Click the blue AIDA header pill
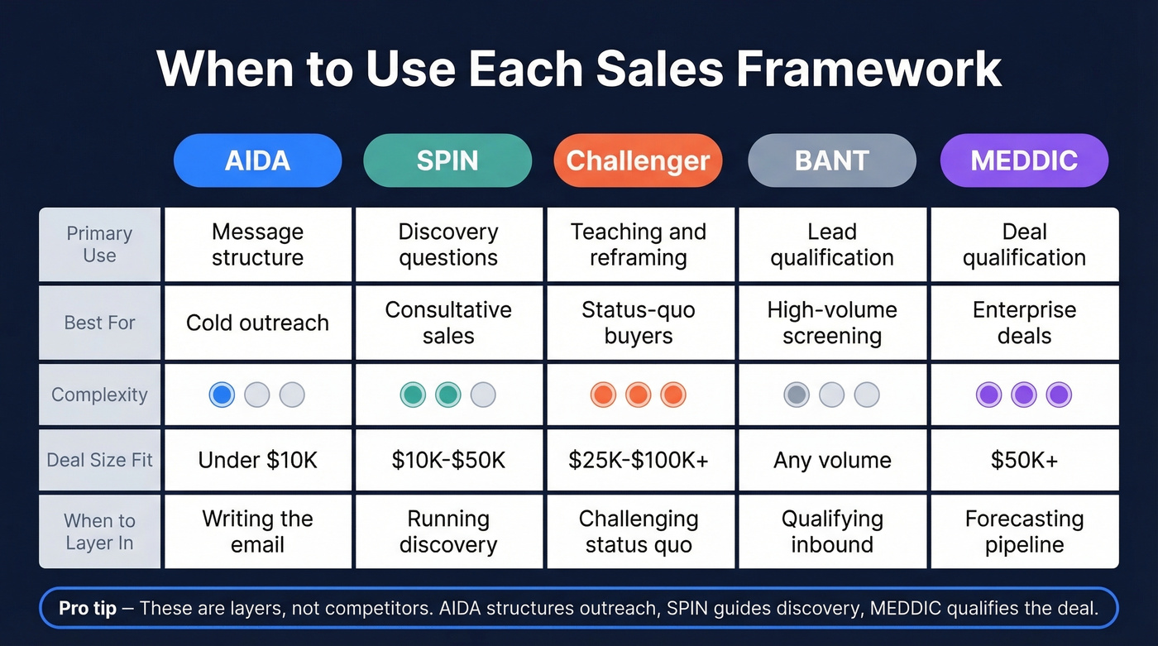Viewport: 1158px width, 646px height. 257,160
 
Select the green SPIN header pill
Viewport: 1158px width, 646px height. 447,160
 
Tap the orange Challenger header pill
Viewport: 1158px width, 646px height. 638,160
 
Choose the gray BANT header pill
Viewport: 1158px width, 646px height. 831,160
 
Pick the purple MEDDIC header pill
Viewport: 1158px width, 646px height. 1024,160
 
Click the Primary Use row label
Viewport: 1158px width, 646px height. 99,245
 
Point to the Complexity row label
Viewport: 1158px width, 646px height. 99,395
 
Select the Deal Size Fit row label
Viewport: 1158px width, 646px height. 99,460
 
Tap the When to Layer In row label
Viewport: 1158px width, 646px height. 99,532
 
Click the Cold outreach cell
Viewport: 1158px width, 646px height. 257,323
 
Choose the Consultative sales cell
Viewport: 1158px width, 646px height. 448,323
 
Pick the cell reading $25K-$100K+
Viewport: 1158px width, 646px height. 639,460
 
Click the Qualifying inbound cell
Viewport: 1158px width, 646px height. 832,532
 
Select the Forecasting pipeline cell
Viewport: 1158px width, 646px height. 1024,532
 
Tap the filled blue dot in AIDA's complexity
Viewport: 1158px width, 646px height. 222,395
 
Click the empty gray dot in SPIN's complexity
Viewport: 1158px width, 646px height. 483,395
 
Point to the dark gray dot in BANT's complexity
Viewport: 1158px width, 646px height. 797,395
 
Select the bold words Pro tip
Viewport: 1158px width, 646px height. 88,609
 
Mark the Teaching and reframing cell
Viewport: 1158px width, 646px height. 639,245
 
